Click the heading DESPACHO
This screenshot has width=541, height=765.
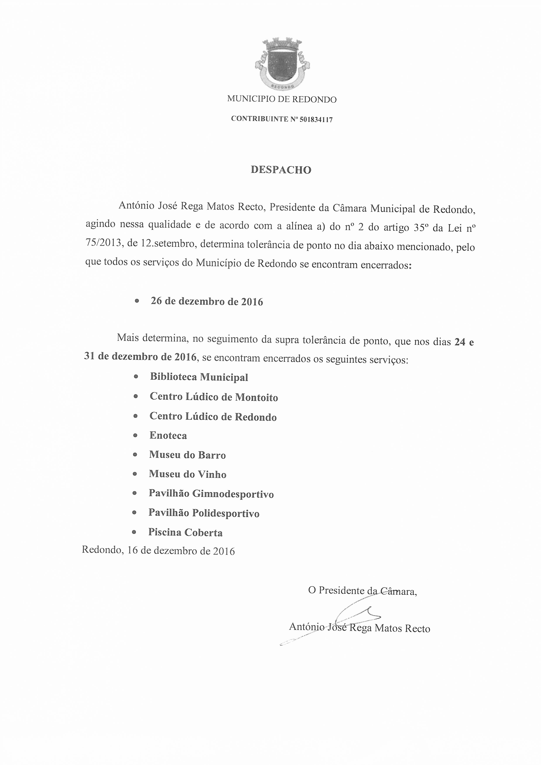[x=281, y=170]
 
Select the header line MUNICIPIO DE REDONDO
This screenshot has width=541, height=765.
[x=282, y=99]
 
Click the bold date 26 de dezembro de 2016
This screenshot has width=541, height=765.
[x=207, y=302]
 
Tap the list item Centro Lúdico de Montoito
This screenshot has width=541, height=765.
[x=214, y=397]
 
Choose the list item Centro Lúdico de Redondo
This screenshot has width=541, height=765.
[x=213, y=417]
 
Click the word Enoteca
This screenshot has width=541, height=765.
[x=168, y=435]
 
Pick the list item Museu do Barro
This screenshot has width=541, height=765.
[x=187, y=455]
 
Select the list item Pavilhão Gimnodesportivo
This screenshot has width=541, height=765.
[x=211, y=494]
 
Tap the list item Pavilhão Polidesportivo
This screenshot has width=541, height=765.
[x=204, y=513]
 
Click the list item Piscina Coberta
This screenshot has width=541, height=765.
[x=185, y=533]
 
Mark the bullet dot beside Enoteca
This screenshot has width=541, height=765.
[x=135, y=435]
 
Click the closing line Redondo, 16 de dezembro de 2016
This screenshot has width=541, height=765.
[x=158, y=551]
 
